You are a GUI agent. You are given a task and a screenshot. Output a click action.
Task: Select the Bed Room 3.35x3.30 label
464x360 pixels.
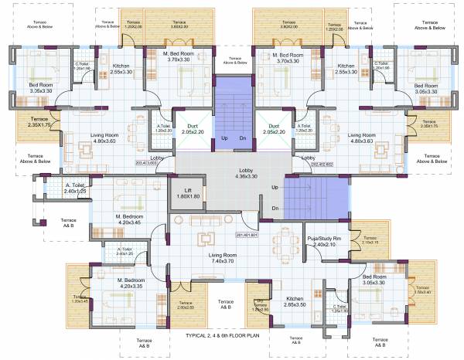(x=40, y=87)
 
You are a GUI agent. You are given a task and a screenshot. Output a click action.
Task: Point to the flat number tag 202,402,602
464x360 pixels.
(x=322, y=164)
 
